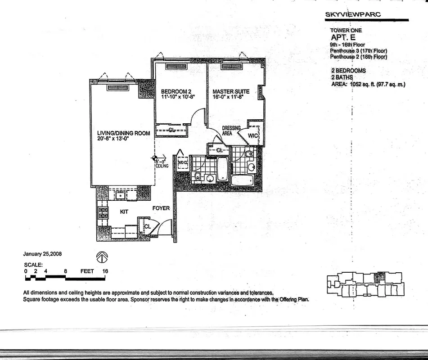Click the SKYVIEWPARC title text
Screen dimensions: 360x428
(353, 14)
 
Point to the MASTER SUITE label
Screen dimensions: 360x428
(231, 92)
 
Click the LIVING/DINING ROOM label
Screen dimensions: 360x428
(123, 133)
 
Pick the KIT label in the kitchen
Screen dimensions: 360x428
(124, 210)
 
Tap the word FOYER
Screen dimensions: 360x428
(161, 208)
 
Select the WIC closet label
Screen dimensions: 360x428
(253, 135)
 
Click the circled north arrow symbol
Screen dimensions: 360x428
(103, 256)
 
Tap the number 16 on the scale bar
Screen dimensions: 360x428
(105, 271)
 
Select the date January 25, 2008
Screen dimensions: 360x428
(43, 254)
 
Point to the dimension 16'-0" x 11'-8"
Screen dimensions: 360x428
(228, 97)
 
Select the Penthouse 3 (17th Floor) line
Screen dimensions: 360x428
(358, 51)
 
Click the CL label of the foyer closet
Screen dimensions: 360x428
(147, 227)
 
